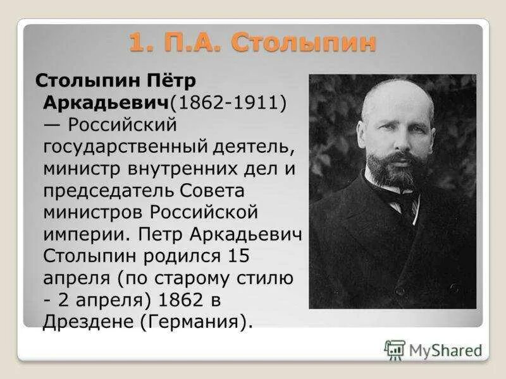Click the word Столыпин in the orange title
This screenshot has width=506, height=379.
304,43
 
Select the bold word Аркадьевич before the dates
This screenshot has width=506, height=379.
106,102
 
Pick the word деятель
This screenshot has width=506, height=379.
250,147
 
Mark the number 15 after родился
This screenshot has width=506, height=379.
237,256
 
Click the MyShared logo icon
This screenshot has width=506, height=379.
395,349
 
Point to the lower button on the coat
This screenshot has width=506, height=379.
399,291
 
